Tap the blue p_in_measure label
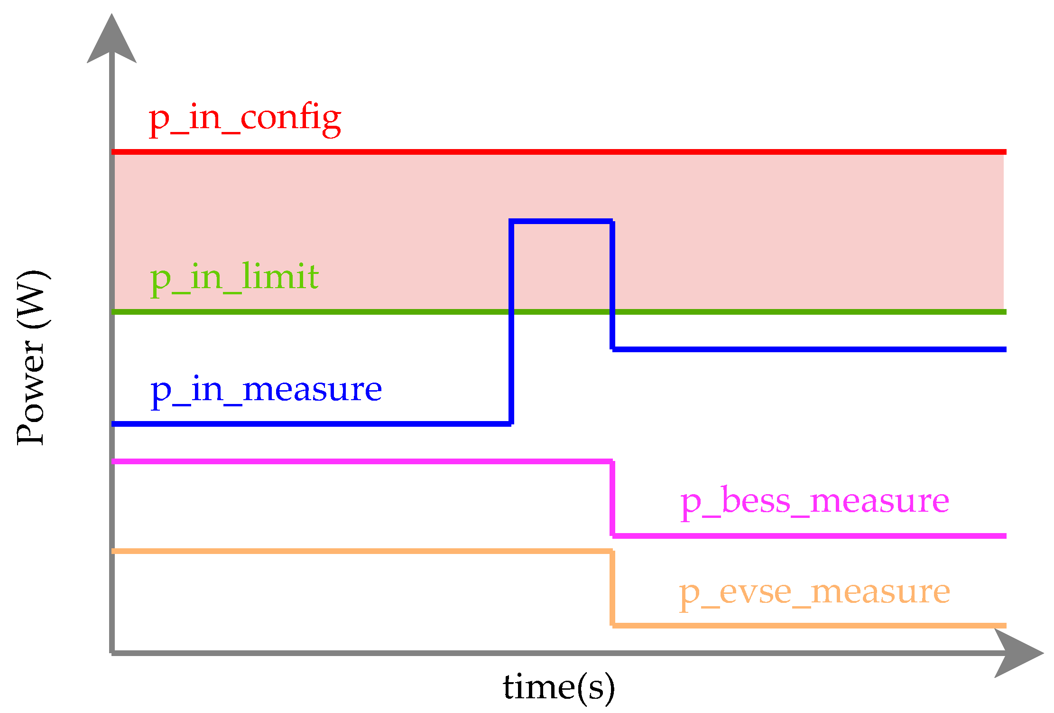point(266,391)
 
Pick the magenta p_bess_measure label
point(814,502)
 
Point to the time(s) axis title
point(559,687)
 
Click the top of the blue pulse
point(562,221)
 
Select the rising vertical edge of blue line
point(511,323)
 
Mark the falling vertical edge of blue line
point(612,285)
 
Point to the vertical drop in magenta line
point(612,498)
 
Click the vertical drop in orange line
point(612,589)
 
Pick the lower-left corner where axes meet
point(112,653)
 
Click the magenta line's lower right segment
point(806,536)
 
